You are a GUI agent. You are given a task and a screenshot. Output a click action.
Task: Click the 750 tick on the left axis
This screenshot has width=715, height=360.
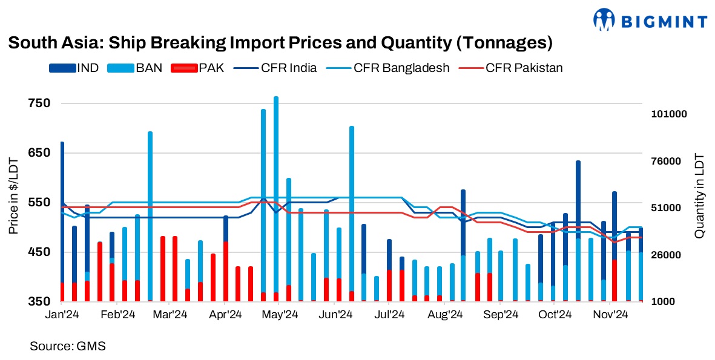pyautogui.click(x=39, y=103)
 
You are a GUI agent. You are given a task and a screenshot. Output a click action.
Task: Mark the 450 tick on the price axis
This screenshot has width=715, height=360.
pyautogui.click(x=39, y=252)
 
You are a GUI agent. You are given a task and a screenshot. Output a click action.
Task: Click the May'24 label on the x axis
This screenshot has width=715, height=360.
pyautogui.click(x=280, y=315)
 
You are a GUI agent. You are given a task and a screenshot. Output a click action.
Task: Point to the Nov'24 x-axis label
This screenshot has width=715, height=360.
pyautogui.click(x=610, y=315)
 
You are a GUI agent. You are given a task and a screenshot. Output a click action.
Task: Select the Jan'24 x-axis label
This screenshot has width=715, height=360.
pyautogui.click(x=62, y=315)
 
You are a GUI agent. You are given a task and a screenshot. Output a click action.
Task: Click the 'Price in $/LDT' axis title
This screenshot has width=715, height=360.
pyautogui.click(x=13, y=196)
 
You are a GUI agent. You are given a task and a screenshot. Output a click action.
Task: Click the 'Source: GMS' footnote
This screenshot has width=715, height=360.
pyautogui.click(x=68, y=347)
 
